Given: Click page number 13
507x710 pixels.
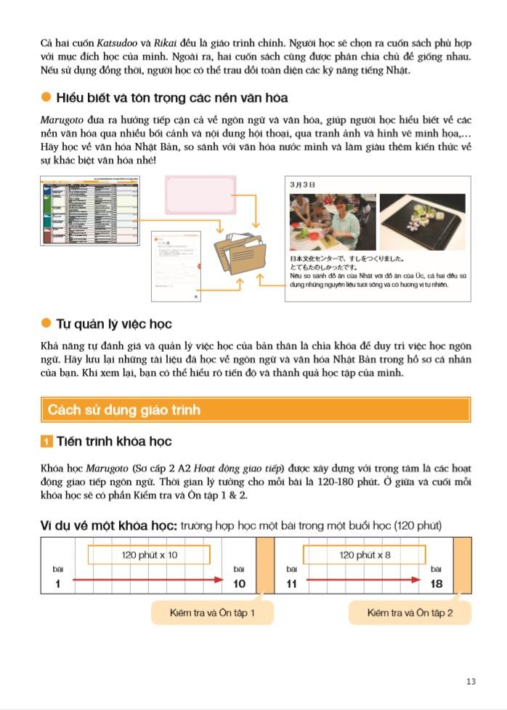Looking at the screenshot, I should pyautogui.click(x=471, y=681).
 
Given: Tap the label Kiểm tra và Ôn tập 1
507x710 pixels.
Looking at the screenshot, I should pyautogui.click(x=212, y=613).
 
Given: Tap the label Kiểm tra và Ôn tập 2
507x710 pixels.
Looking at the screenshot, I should pyautogui.click(x=410, y=613).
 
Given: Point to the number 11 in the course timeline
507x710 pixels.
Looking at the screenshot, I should pyautogui.click(x=293, y=583).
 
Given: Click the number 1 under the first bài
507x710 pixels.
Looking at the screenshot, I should pyautogui.click(x=57, y=583).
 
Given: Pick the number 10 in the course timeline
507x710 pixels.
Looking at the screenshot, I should pyautogui.click(x=239, y=583).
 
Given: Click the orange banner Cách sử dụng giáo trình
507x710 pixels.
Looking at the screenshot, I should pyautogui.click(x=255, y=410).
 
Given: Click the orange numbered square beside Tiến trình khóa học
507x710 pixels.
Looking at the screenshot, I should pyautogui.click(x=46, y=442).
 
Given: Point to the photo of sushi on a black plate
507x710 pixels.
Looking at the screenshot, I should pyautogui.click(x=422, y=222).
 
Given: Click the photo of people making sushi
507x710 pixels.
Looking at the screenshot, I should pyautogui.click(x=333, y=222).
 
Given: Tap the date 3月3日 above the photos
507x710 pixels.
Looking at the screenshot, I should pyautogui.click(x=303, y=185).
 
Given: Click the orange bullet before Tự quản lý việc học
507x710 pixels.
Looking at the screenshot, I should pyautogui.click(x=46, y=323).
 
